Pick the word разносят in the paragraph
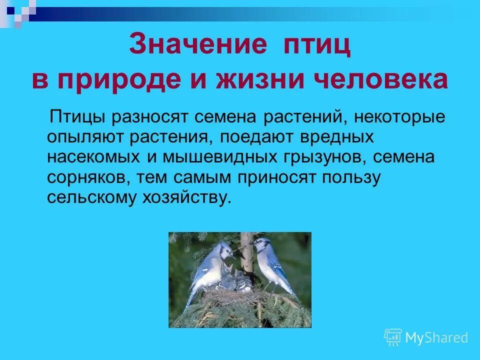pos(149,118)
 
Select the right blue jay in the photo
pos(273,265)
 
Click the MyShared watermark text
pos(436,337)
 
